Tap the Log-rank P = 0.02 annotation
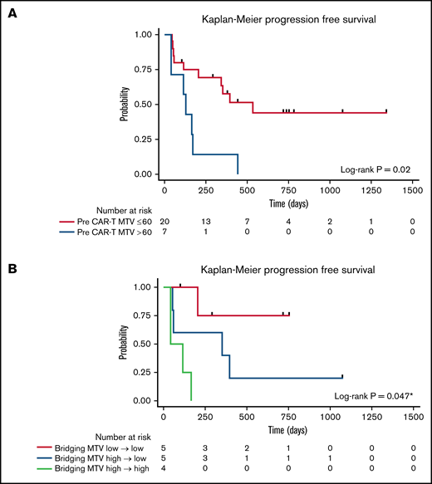pos(376,169)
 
